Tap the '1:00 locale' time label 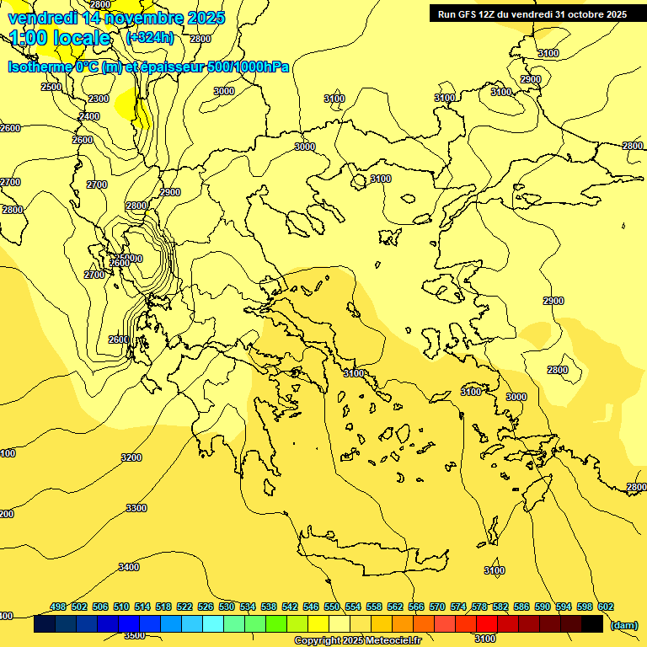[61, 38]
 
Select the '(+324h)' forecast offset [150, 38]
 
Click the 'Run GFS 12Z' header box [532, 14]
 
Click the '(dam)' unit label [623, 624]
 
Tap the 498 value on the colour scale [58, 607]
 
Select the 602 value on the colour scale [605, 607]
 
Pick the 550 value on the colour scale [332, 607]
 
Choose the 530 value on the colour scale [227, 607]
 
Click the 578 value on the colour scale [479, 607]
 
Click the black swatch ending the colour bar [592, 624]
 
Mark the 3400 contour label [129, 567]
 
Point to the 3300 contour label [136, 508]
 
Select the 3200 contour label [131, 457]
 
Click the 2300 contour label [99, 99]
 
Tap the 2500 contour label [51, 87]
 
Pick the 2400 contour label [89, 116]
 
